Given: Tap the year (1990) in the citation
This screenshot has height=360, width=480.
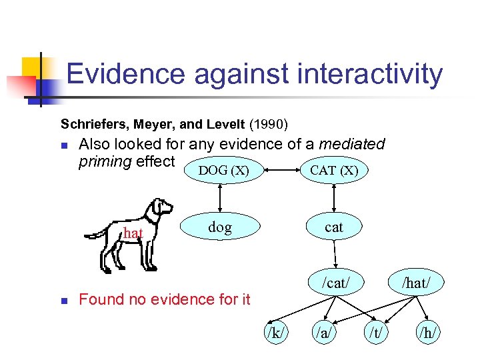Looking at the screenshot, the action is [x=268, y=124].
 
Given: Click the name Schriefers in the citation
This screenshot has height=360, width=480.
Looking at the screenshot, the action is [x=92, y=124].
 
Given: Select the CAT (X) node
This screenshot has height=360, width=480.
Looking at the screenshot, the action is [x=334, y=171].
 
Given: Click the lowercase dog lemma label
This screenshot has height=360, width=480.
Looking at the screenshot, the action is [x=220, y=227].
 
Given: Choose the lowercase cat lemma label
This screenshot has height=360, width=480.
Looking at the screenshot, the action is [x=334, y=227].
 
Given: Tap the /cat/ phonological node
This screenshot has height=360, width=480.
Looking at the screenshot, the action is [x=335, y=283].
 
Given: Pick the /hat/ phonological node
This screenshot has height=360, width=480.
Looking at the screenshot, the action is [x=415, y=283].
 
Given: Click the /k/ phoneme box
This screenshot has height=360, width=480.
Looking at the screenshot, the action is [x=275, y=332].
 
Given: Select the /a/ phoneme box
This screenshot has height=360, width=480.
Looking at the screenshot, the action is [x=324, y=332].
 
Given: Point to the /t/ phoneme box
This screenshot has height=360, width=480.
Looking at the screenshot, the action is [x=375, y=332].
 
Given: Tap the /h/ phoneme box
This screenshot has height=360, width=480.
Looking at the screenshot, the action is [x=427, y=332].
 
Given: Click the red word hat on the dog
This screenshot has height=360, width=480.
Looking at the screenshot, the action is [x=133, y=233].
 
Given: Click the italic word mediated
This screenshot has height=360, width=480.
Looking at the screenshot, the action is [x=351, y=144].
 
